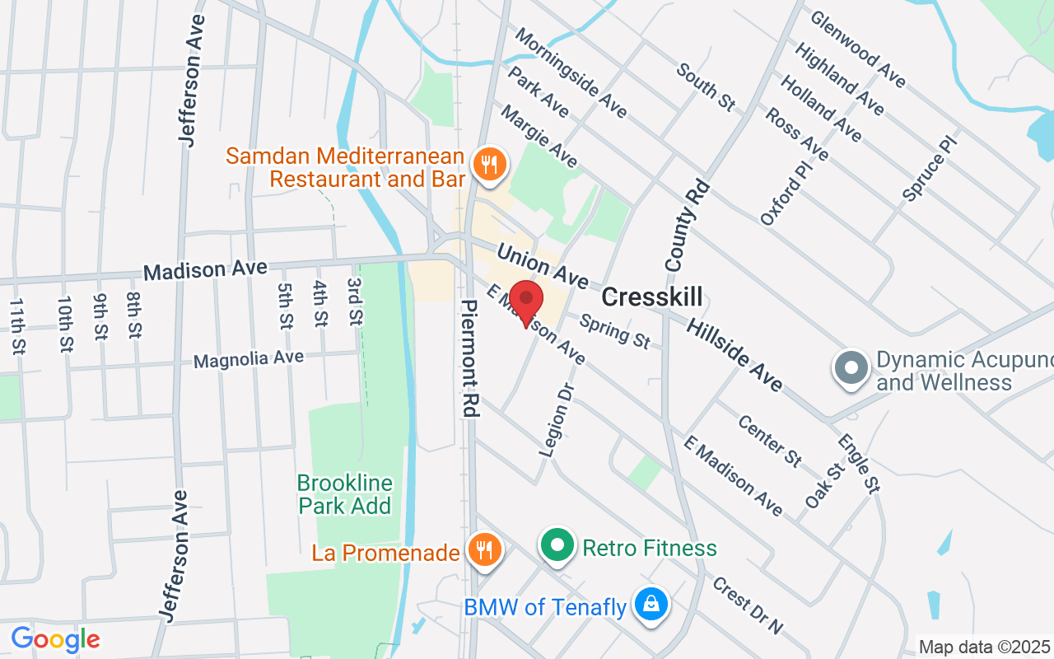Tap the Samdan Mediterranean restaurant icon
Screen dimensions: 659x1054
click(490, 163)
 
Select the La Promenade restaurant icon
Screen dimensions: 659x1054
click(484, 549)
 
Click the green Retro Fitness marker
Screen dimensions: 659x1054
click(557, 545)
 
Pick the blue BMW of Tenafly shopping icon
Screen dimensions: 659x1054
click(651, 605)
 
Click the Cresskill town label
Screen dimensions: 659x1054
click(652, 297)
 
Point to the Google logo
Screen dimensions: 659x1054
click(55, 639)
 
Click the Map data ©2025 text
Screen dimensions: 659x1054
click(985, 647)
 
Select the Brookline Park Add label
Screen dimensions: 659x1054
click(345, 493)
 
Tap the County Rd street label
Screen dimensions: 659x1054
click(687, 227)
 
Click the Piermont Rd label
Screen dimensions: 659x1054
click(469, 358)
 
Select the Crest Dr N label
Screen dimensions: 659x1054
click(747, 605)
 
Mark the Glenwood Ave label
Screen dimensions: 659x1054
click(858, 49)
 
